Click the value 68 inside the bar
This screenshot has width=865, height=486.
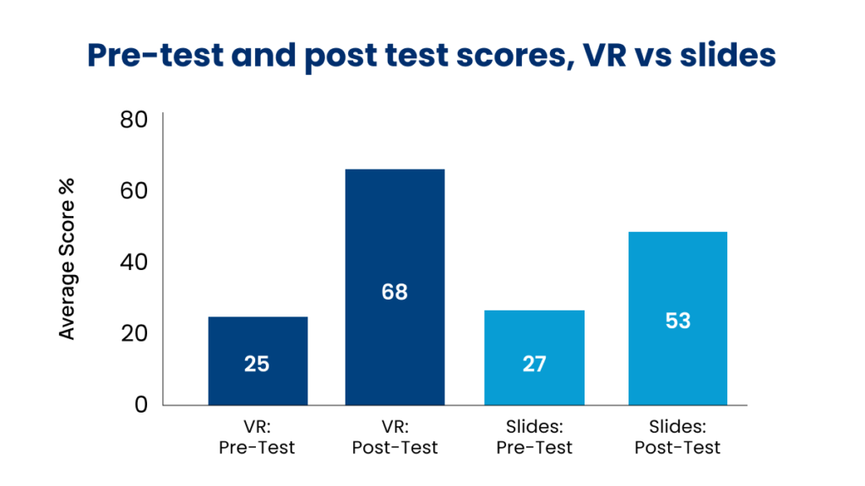[x=394, y=292]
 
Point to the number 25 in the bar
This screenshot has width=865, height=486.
[x=257, y=364]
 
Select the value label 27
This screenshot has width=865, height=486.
[x=534, y=364]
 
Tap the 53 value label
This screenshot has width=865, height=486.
[x=677, y=321]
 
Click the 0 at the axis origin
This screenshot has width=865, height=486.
[x=141, y=404]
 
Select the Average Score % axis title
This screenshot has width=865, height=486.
[x=68, y=259]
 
